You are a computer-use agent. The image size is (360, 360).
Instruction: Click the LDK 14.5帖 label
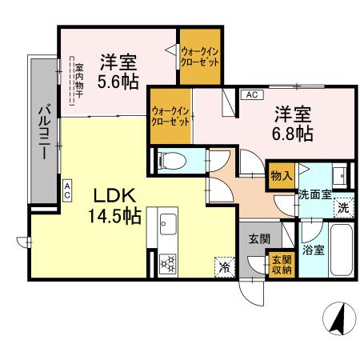click(110, 205)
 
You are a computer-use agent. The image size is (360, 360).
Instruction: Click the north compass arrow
click(337, 321)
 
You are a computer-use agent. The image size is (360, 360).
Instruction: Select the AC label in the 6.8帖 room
click(250, 94)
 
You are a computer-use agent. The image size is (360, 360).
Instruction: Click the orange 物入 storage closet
click(279, 174)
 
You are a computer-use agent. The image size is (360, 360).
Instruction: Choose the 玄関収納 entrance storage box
click(280, 264)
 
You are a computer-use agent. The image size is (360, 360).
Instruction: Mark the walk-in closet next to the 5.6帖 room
click(199, 57)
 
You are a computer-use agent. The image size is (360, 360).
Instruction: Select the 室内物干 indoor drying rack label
click(73, 80)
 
